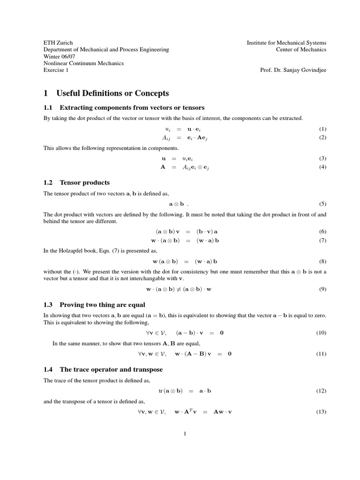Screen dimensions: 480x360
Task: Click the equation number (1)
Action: click(x=322, y=129)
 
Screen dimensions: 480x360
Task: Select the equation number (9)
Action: click(x=322, y=289)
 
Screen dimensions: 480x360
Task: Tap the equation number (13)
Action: click(x=321, y=412)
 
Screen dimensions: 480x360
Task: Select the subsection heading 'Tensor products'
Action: click(x=85, y=182)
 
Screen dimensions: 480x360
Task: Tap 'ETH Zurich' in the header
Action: click(x=58, y=43)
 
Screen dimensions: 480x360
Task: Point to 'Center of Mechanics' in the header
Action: click(x=301, y=50)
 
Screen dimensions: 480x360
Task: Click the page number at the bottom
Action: click(x=185, y=434)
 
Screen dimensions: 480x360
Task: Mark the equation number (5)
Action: click(x=322, y=204)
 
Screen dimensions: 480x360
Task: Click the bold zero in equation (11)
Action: click(x=230, y=354)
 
